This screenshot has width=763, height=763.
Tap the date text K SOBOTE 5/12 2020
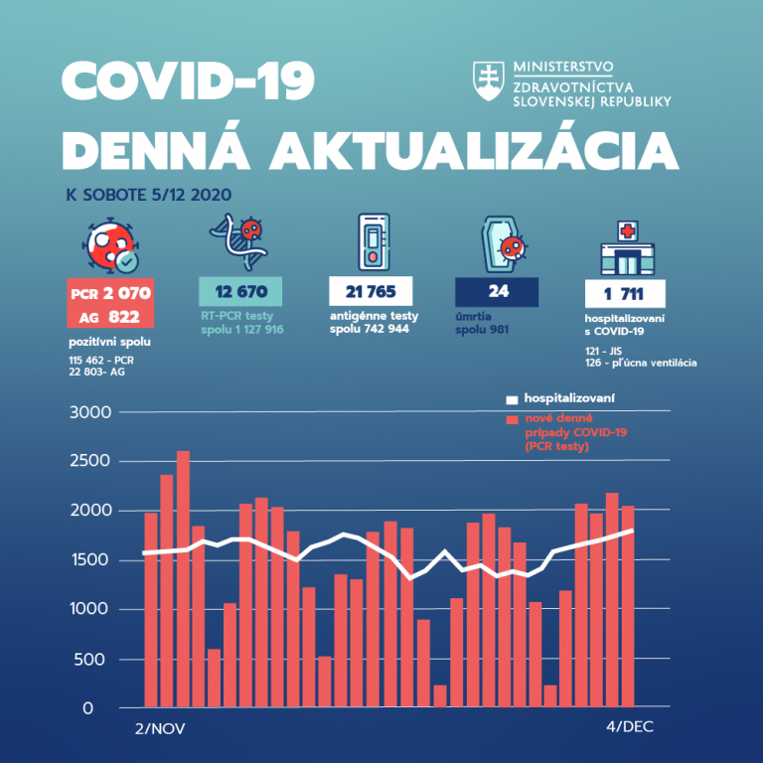148,195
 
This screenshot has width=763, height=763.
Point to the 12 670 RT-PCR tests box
240,291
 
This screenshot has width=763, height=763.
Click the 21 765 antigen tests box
371,291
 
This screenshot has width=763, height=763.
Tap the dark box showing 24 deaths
497,292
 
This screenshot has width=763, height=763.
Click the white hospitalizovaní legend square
512,399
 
